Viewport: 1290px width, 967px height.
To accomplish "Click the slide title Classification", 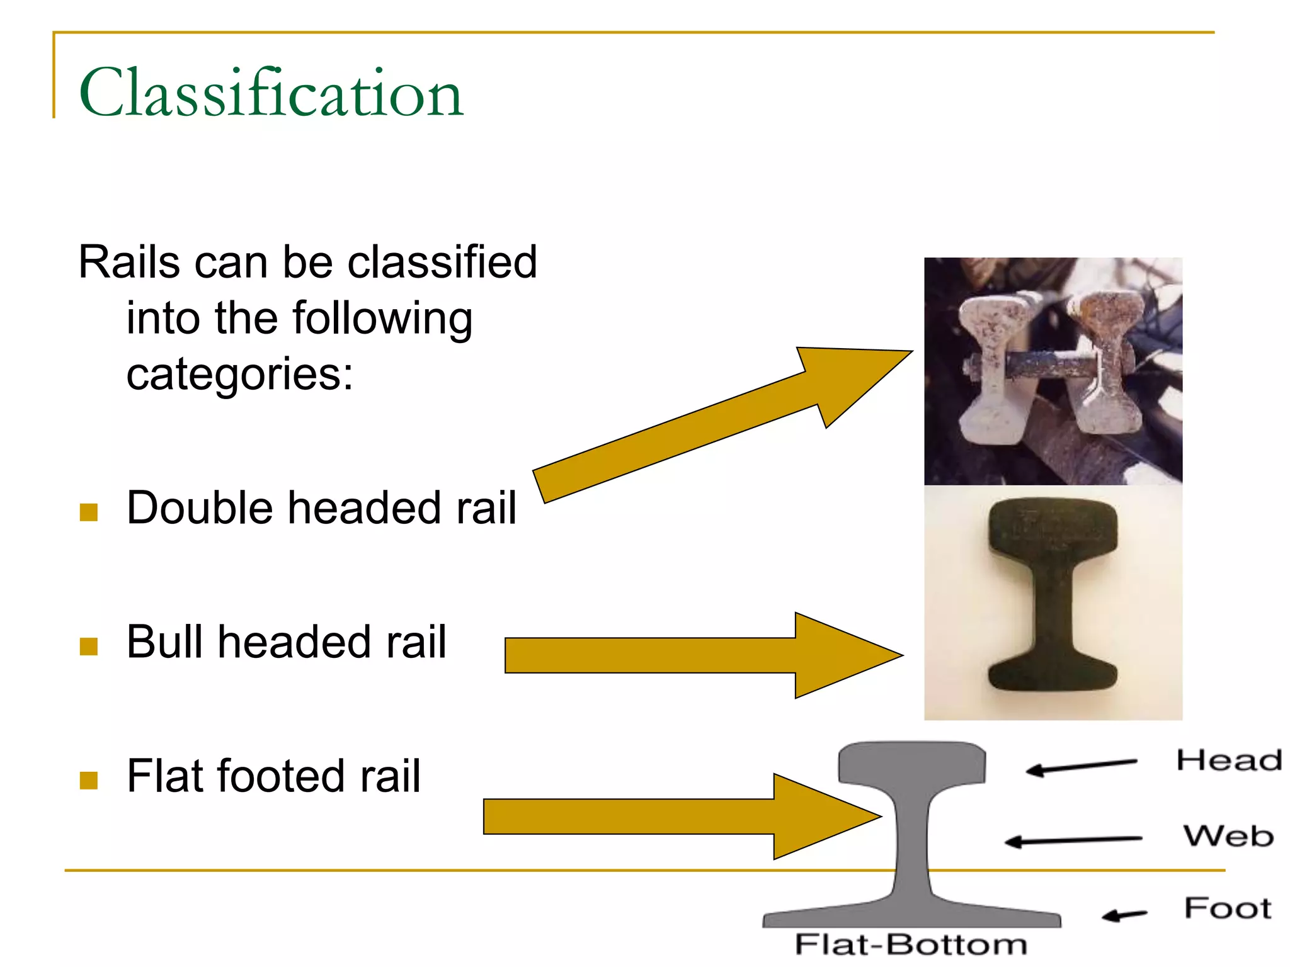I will (x=271, y=93).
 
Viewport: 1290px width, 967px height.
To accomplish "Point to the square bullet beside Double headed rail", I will (x=89, y=512).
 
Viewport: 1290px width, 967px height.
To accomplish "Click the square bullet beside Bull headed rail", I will (x=89, y=647).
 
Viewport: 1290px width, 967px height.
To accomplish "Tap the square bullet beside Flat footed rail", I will (x=89, y=781).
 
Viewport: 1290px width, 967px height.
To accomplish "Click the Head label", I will (x=1228, y=761).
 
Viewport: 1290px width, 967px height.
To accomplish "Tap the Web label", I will (x=1228, y=836).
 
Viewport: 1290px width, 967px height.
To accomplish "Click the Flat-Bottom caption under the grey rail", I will (x=911, y=945).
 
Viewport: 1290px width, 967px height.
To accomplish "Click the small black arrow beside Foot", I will (x=1124, y=915).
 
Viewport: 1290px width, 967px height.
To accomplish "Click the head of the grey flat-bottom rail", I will (x=912, y=764).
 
